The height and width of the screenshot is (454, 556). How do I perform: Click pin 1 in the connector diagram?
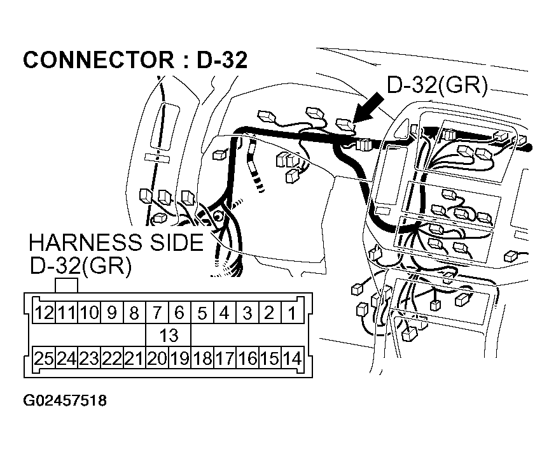click(292, 313)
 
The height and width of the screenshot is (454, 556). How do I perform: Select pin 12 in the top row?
click(44, 313)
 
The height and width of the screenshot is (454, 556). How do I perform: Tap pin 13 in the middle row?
click(168, 335)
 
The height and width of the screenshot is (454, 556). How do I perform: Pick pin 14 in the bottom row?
click(292, 358)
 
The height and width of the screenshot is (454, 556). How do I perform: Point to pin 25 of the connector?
click(44, 358)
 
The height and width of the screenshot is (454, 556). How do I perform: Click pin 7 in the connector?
click(156, 313)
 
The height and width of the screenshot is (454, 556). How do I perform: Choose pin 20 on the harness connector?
click(156, 358)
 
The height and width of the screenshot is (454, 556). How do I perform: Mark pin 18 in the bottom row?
click(202, 358)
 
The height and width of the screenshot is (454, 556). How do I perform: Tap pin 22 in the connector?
click(111, 358)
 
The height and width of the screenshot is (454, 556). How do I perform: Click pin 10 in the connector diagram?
click(89, 313)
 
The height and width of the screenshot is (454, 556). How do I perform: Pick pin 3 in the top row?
click(247, 313)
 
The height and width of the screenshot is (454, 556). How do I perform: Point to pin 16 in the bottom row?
click(247, 358)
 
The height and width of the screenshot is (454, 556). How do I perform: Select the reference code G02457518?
click(65, 401)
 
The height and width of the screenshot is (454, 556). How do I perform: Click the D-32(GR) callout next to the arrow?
click(437, 86)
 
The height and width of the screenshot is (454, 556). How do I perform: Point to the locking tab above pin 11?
click(67, 285)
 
